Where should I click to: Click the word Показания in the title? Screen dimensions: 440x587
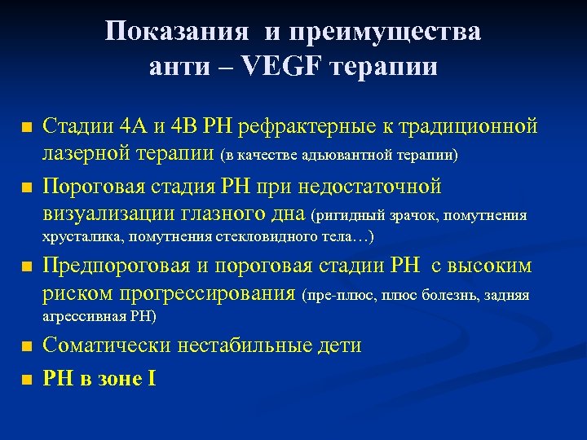tap(175, 33)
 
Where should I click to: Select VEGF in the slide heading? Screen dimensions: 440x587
tap(259, 66)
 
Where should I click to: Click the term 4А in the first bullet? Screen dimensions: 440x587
tap(135, 128)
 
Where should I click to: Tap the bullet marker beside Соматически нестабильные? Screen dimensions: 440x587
tap(27, 347)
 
